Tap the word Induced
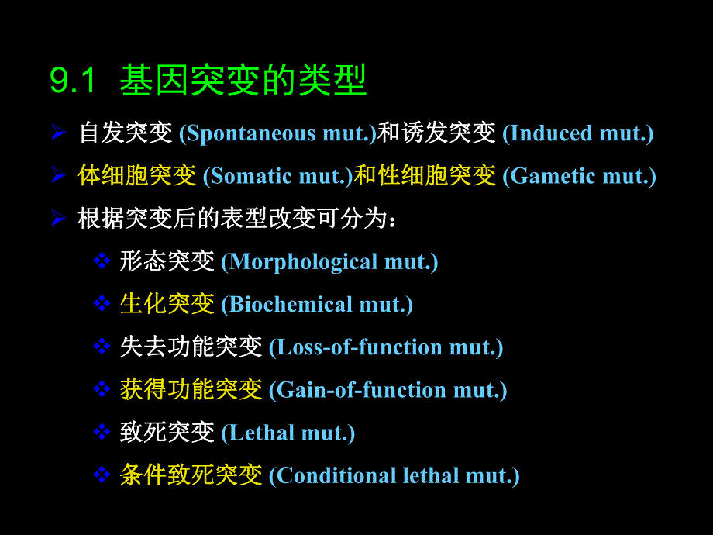(x=550, y=133)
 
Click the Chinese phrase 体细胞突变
(x=137, y=176)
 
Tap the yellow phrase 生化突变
(x=167, y=304)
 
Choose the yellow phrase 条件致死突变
(x=191, y=475)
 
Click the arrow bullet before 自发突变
(x=58, y=133)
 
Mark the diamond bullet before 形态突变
(x=102, y=261)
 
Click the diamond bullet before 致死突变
(x=102, y=432)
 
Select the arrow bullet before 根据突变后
(x=58, y=219)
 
